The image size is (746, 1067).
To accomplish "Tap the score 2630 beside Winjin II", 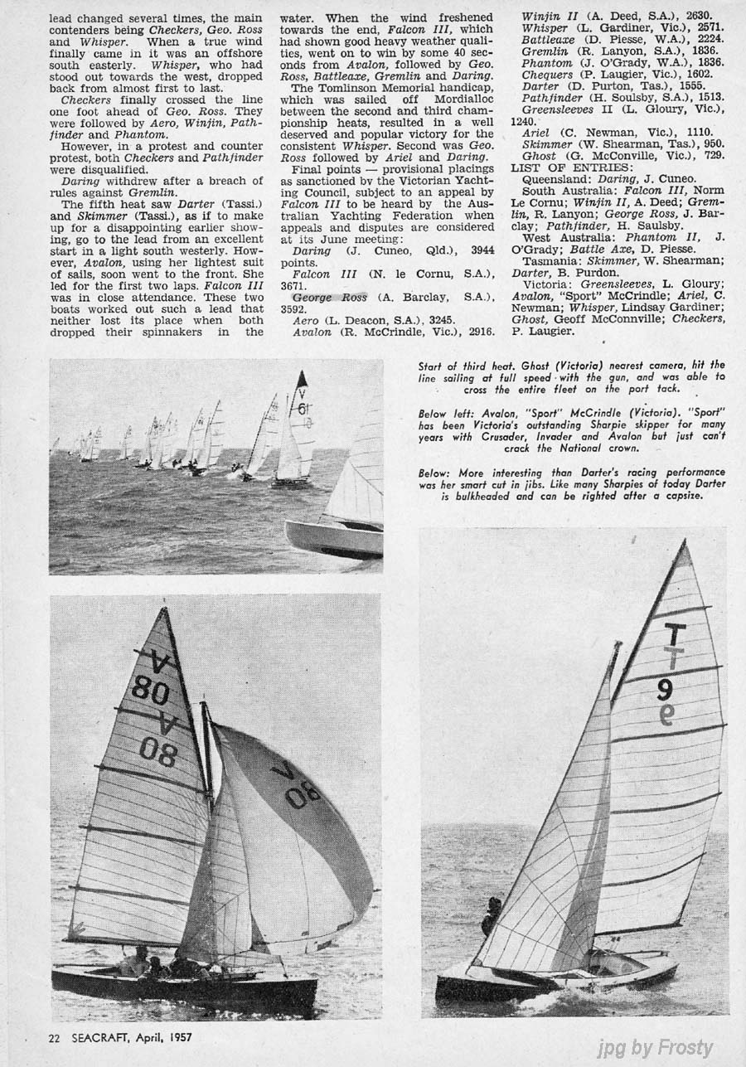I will pos(698,15).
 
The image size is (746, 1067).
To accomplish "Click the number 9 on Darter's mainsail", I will pos(664,690).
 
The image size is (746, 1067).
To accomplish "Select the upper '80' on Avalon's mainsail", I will pos(151,689).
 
